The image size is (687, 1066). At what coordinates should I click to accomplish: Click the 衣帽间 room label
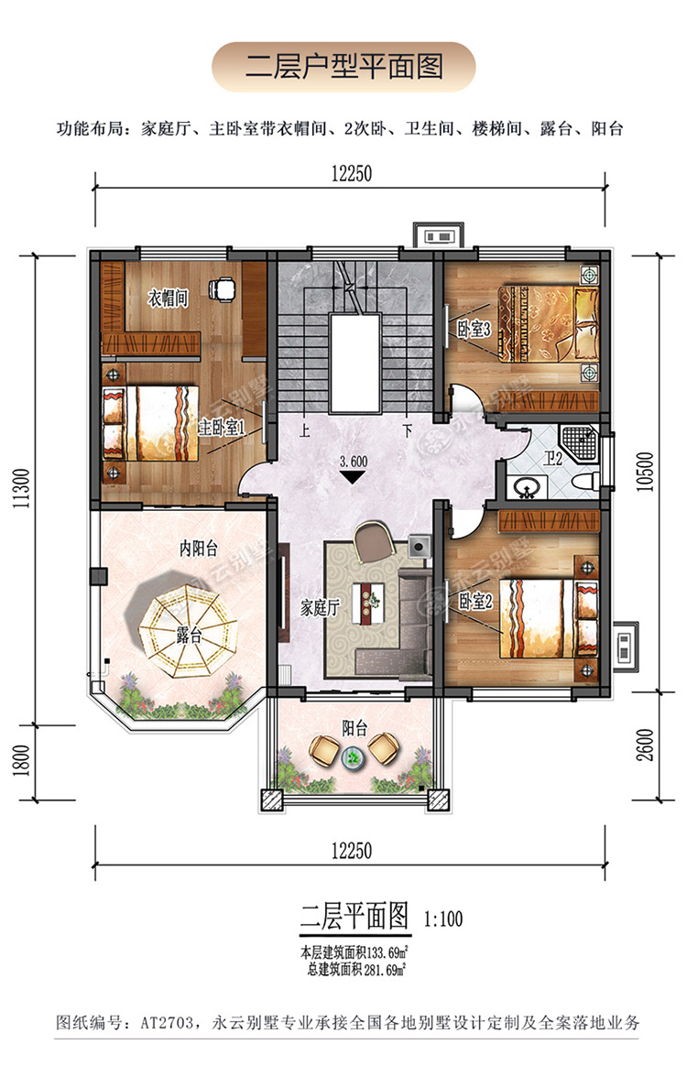point(168,298)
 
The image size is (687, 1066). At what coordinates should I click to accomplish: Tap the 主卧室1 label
point(221,428)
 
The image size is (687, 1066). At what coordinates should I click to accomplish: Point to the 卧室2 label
point(474,601)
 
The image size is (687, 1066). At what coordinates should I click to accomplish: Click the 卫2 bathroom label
point(551,459)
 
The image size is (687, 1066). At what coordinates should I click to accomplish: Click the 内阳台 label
point(198,549)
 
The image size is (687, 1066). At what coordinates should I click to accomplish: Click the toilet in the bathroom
point(584,482)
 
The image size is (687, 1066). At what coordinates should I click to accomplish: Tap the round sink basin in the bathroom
point(527,487)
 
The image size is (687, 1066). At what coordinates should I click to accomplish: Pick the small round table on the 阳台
point(354,756)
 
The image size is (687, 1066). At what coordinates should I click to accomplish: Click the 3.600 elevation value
point(354,462)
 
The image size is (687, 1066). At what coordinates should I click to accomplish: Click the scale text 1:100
point(442,919)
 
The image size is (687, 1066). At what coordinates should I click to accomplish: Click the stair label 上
point(304,430)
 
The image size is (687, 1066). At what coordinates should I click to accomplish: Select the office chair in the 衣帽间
point(223,289)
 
